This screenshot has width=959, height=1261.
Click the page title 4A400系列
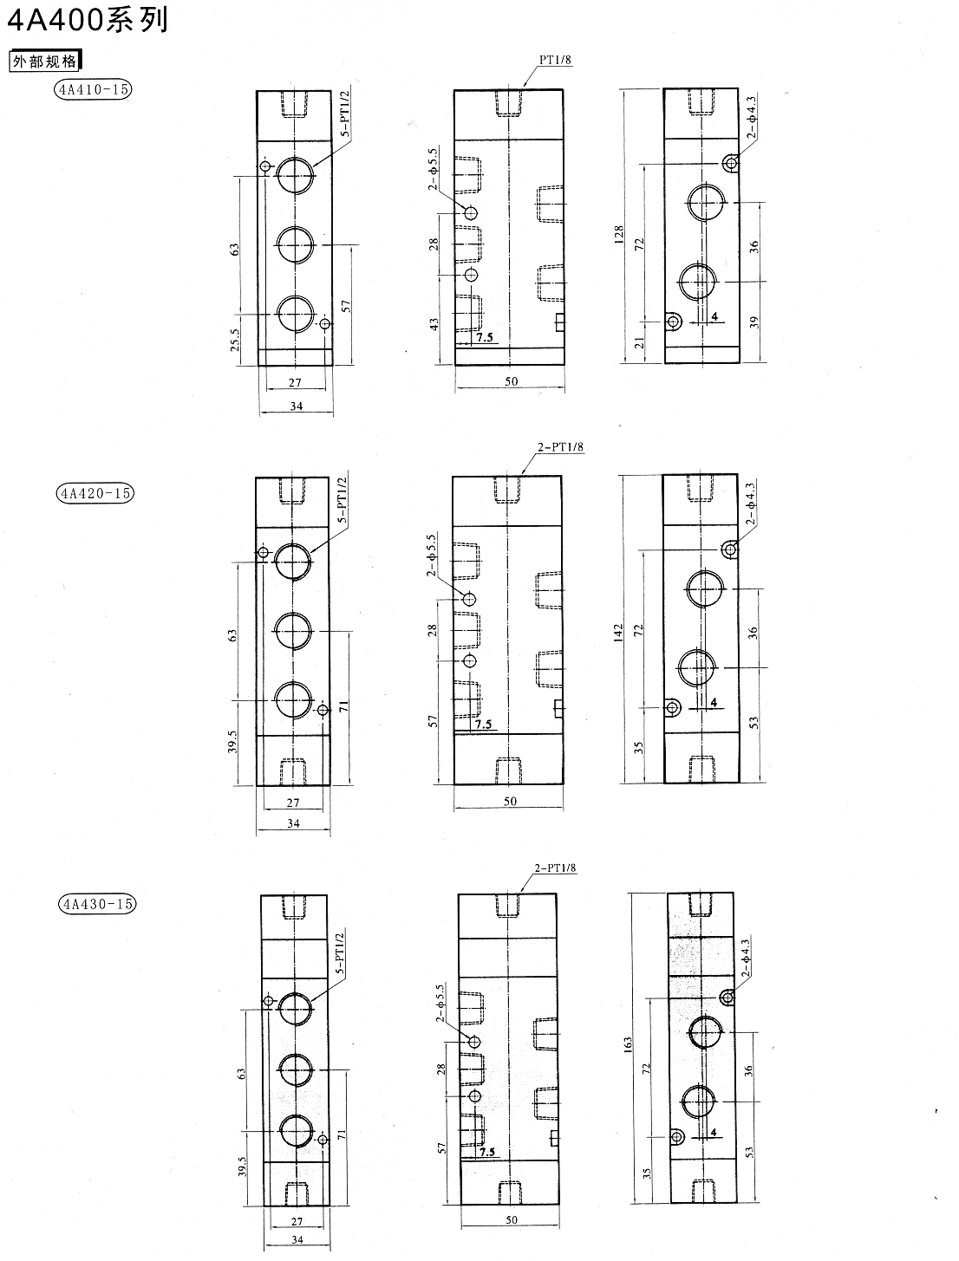coord(88,20)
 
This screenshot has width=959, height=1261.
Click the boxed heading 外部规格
coord(46,61)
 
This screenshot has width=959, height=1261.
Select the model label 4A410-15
coord(93,89)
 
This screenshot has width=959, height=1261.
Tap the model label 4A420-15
coord(95,493)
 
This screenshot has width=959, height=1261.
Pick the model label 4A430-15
coord(98,904)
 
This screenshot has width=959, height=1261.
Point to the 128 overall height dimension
coord(618,233)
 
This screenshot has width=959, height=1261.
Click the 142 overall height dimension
coord(618,632)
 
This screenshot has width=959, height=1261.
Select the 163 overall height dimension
coord(628,1043)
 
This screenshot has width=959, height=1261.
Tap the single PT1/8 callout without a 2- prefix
coord(555,59)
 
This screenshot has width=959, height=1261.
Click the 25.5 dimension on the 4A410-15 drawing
coord(235,339)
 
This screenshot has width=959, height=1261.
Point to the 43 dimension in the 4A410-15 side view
coord(434,324)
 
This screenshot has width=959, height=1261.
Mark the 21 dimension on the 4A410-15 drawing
coord(640,343)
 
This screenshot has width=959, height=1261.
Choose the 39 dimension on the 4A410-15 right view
coord(754,322)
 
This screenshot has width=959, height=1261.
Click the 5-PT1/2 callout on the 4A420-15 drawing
coord(342,500)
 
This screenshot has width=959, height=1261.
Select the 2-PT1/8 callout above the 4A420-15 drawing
coord(561,446)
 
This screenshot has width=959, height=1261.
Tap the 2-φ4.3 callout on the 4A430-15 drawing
coord(745,958)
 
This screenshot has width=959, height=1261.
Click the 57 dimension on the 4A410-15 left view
coord(346,306)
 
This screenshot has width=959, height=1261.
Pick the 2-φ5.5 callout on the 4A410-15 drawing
coord(433,169)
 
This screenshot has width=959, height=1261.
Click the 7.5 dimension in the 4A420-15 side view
coord(484,724)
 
